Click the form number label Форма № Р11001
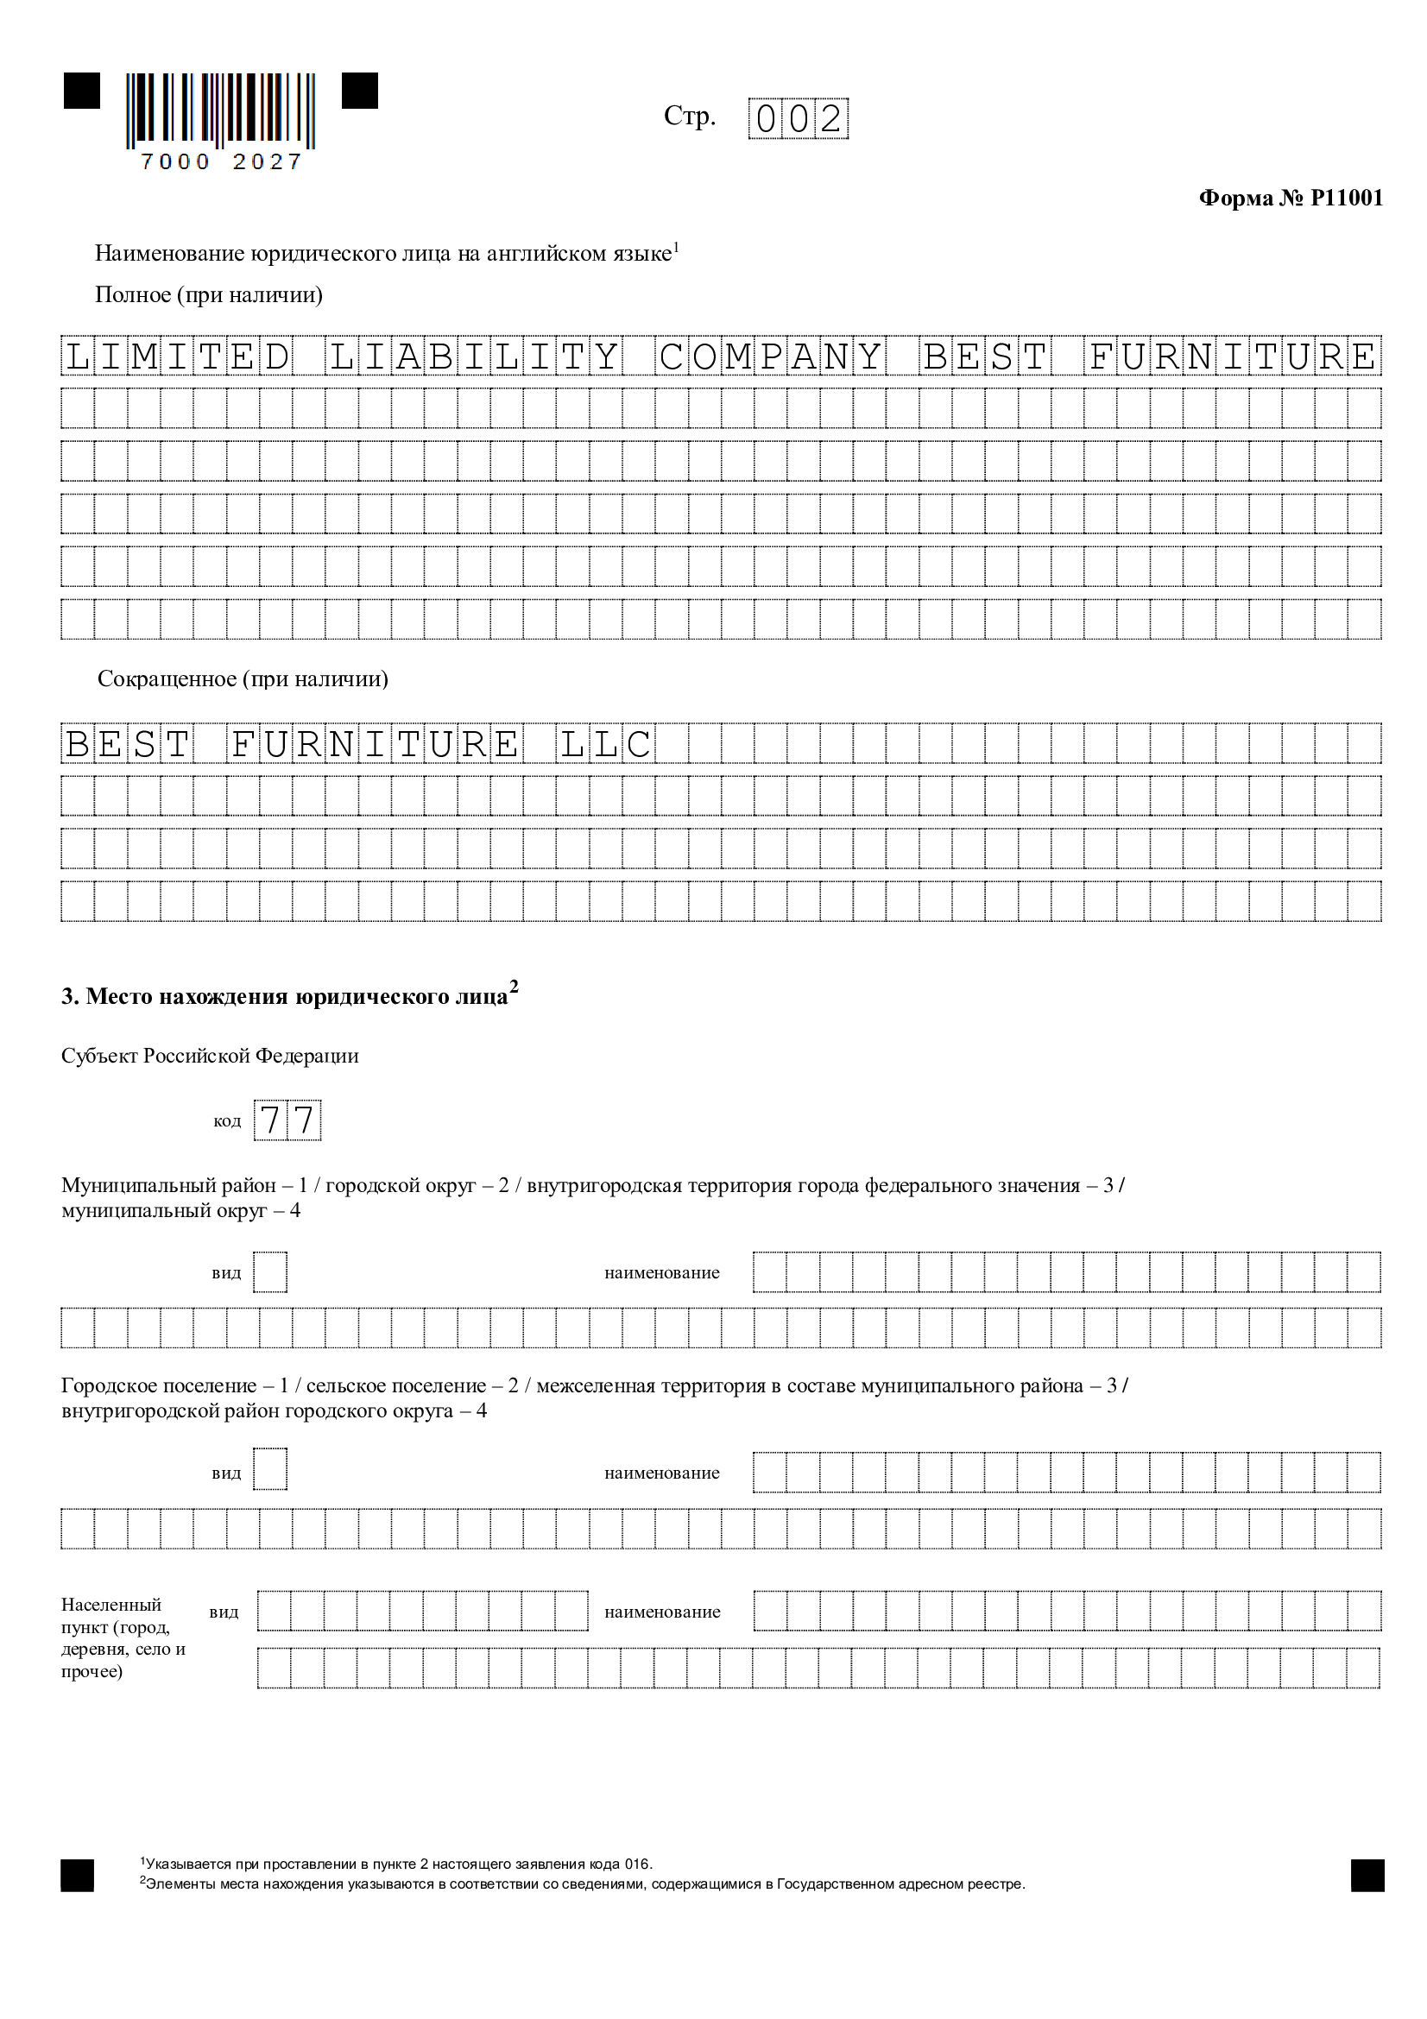1290,198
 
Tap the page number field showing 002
798,119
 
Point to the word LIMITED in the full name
177,356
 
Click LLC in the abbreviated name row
606,744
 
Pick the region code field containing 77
287,1120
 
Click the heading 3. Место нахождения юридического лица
288,995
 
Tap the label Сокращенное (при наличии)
243,678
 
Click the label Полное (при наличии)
208,294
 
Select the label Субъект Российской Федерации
209,1055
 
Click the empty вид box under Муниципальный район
270,1271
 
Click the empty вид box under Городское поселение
270,1468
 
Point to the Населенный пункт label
123,1637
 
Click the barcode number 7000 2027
221,161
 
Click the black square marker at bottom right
1367,1875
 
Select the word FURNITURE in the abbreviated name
375,744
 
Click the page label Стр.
689,116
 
